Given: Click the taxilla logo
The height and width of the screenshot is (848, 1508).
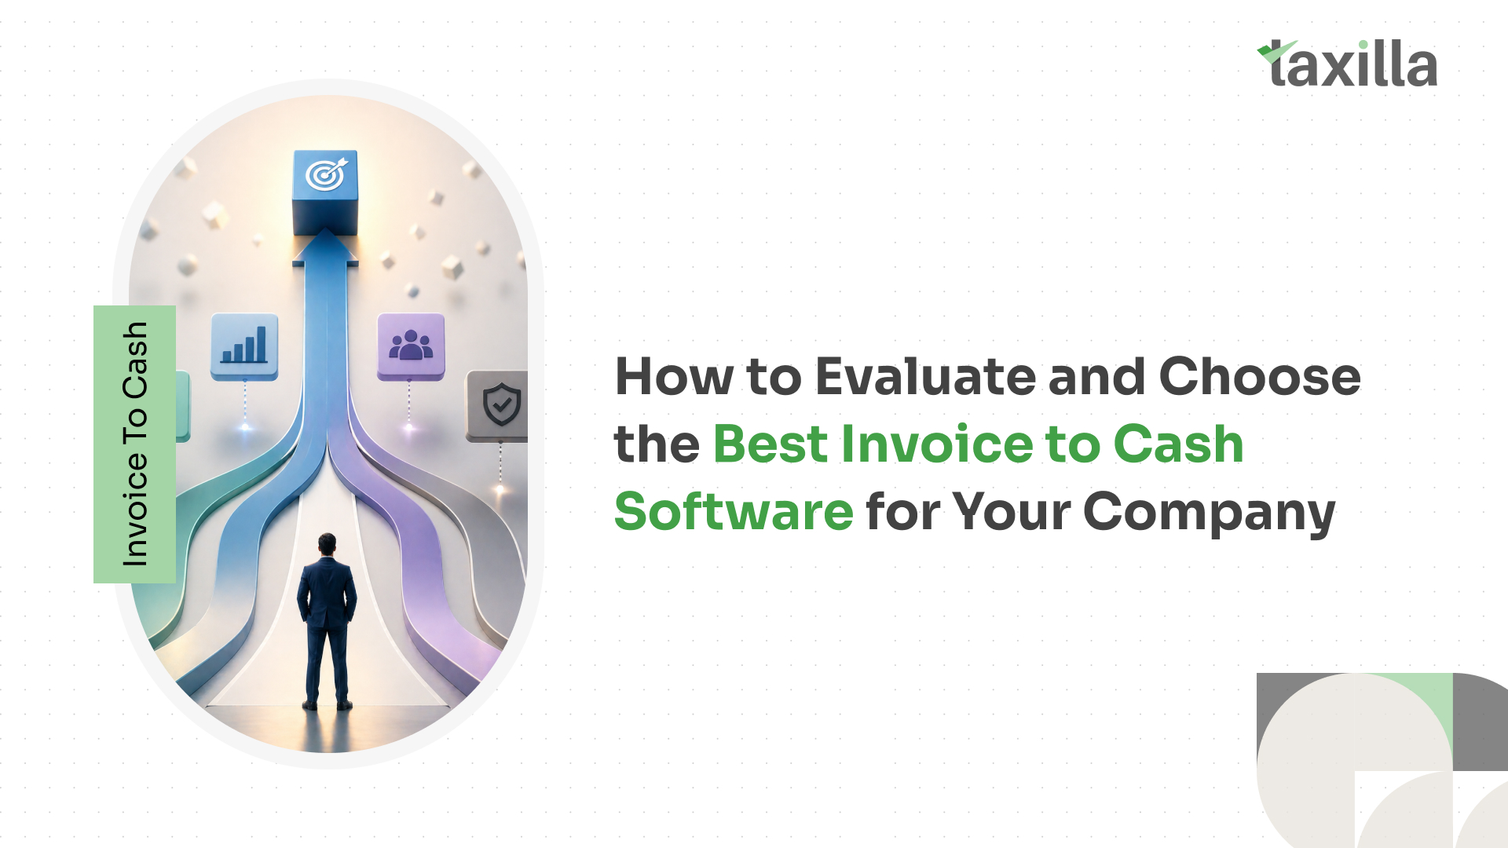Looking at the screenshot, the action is [x=1347, y=64].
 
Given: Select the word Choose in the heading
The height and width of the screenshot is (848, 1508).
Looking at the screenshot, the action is [x=1260, y=376].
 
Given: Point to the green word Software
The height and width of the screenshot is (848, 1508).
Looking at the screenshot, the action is [x=734, y=511].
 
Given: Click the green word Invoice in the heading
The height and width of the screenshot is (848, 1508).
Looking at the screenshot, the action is [x=937, y=444].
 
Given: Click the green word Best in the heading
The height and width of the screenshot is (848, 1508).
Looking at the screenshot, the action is [x=770, y=444].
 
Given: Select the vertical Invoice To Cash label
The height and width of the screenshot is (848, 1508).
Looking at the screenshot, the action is [x=134, y=444].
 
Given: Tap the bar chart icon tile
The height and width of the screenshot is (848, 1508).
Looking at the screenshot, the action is [x=244, y=346].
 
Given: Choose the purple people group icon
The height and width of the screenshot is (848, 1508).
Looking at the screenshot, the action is [x=411, y=346].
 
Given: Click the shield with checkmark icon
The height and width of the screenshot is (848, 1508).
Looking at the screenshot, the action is [x=501, y=404].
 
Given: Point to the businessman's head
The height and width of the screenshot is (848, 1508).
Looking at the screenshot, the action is [x=327, y=544].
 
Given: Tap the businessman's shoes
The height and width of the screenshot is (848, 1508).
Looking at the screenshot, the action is [x=328, y=704].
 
